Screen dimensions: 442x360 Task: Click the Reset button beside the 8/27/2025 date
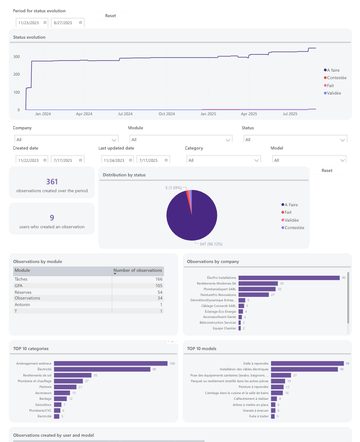point(110,16)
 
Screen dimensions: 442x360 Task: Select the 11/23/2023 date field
point(29,22)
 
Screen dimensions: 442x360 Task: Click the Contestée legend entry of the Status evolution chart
point(336,78)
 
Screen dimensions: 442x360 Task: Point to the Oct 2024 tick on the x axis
point(167,114)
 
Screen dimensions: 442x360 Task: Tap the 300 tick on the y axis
point(16,57)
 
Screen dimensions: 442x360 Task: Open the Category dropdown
point(223,161)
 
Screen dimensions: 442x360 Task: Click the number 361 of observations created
point(52,182)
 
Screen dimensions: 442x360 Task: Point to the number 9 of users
point(52,218)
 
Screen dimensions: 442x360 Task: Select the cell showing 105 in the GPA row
point(158,285)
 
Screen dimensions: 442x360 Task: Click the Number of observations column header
point(138,270)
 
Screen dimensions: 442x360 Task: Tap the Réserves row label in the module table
point(23,292)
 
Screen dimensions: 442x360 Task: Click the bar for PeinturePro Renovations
point(253,295)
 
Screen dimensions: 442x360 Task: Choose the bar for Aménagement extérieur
point(110,363)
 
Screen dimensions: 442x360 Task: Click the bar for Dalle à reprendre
point(307,363)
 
